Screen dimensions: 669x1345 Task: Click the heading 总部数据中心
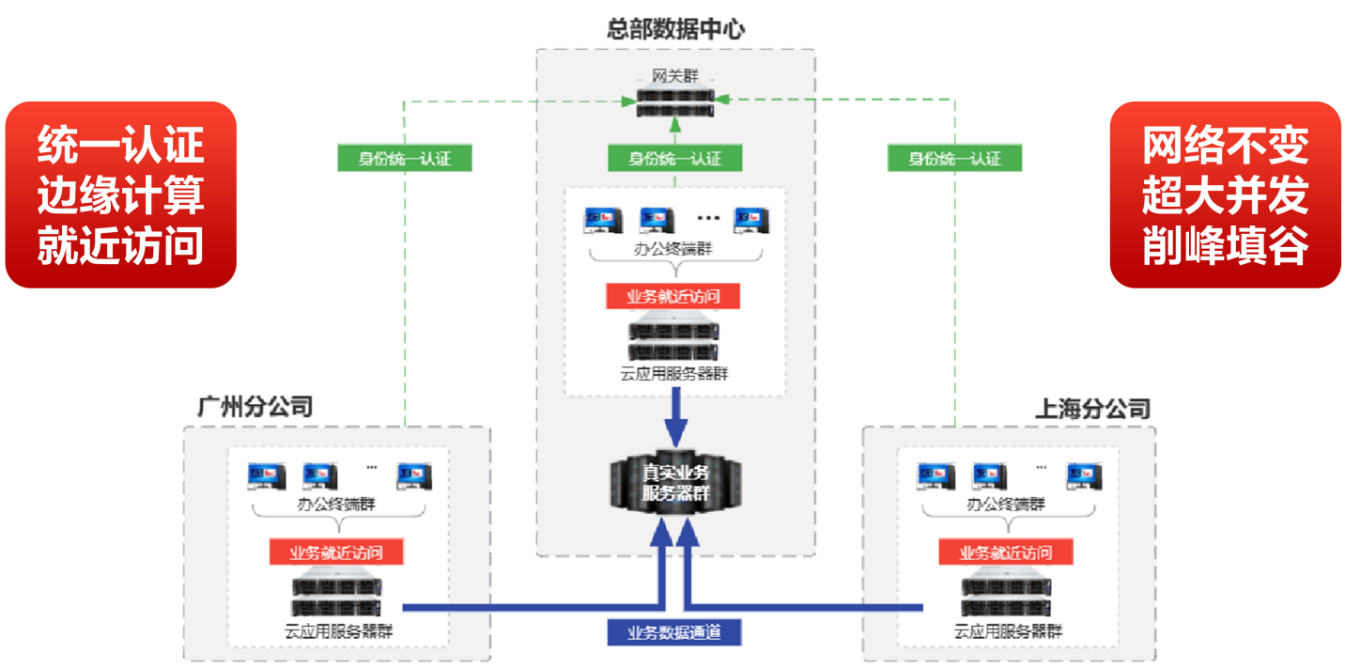point(675,29)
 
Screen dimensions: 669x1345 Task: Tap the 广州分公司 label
point(255,407)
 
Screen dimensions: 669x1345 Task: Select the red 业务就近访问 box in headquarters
point(673,297)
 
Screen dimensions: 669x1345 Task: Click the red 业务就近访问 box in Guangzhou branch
point(336,552)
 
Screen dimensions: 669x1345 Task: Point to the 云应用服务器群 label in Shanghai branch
point(1008,631)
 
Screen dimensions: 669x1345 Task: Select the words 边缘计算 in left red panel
point(120,195)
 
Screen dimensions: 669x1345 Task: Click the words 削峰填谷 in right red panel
point(1225,246)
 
